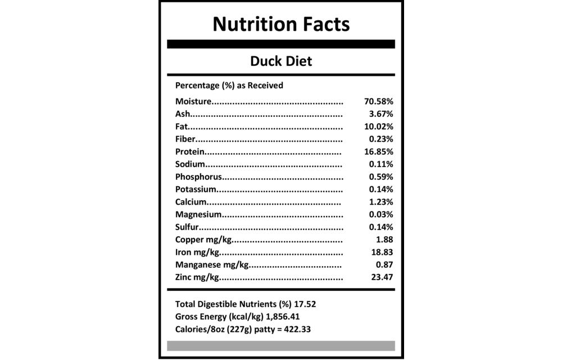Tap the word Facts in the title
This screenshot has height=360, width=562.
click(325, 25)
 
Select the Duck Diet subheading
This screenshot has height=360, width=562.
click(281, 61)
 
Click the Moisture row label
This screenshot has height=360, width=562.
click(193, 102)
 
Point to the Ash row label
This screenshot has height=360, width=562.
click(181, 114)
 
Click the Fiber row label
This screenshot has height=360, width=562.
click(184, 139)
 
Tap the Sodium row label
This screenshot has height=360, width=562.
click(189, 164)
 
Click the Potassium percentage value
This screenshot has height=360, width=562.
click(380, 190)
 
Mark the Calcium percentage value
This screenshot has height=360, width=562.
click(380, 202)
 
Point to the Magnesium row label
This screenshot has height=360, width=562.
click(199, 214)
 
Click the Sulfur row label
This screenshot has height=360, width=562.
click(186, 227)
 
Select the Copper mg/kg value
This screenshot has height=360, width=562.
click(384, 240)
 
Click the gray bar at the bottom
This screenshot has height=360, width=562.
click(281, 345)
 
